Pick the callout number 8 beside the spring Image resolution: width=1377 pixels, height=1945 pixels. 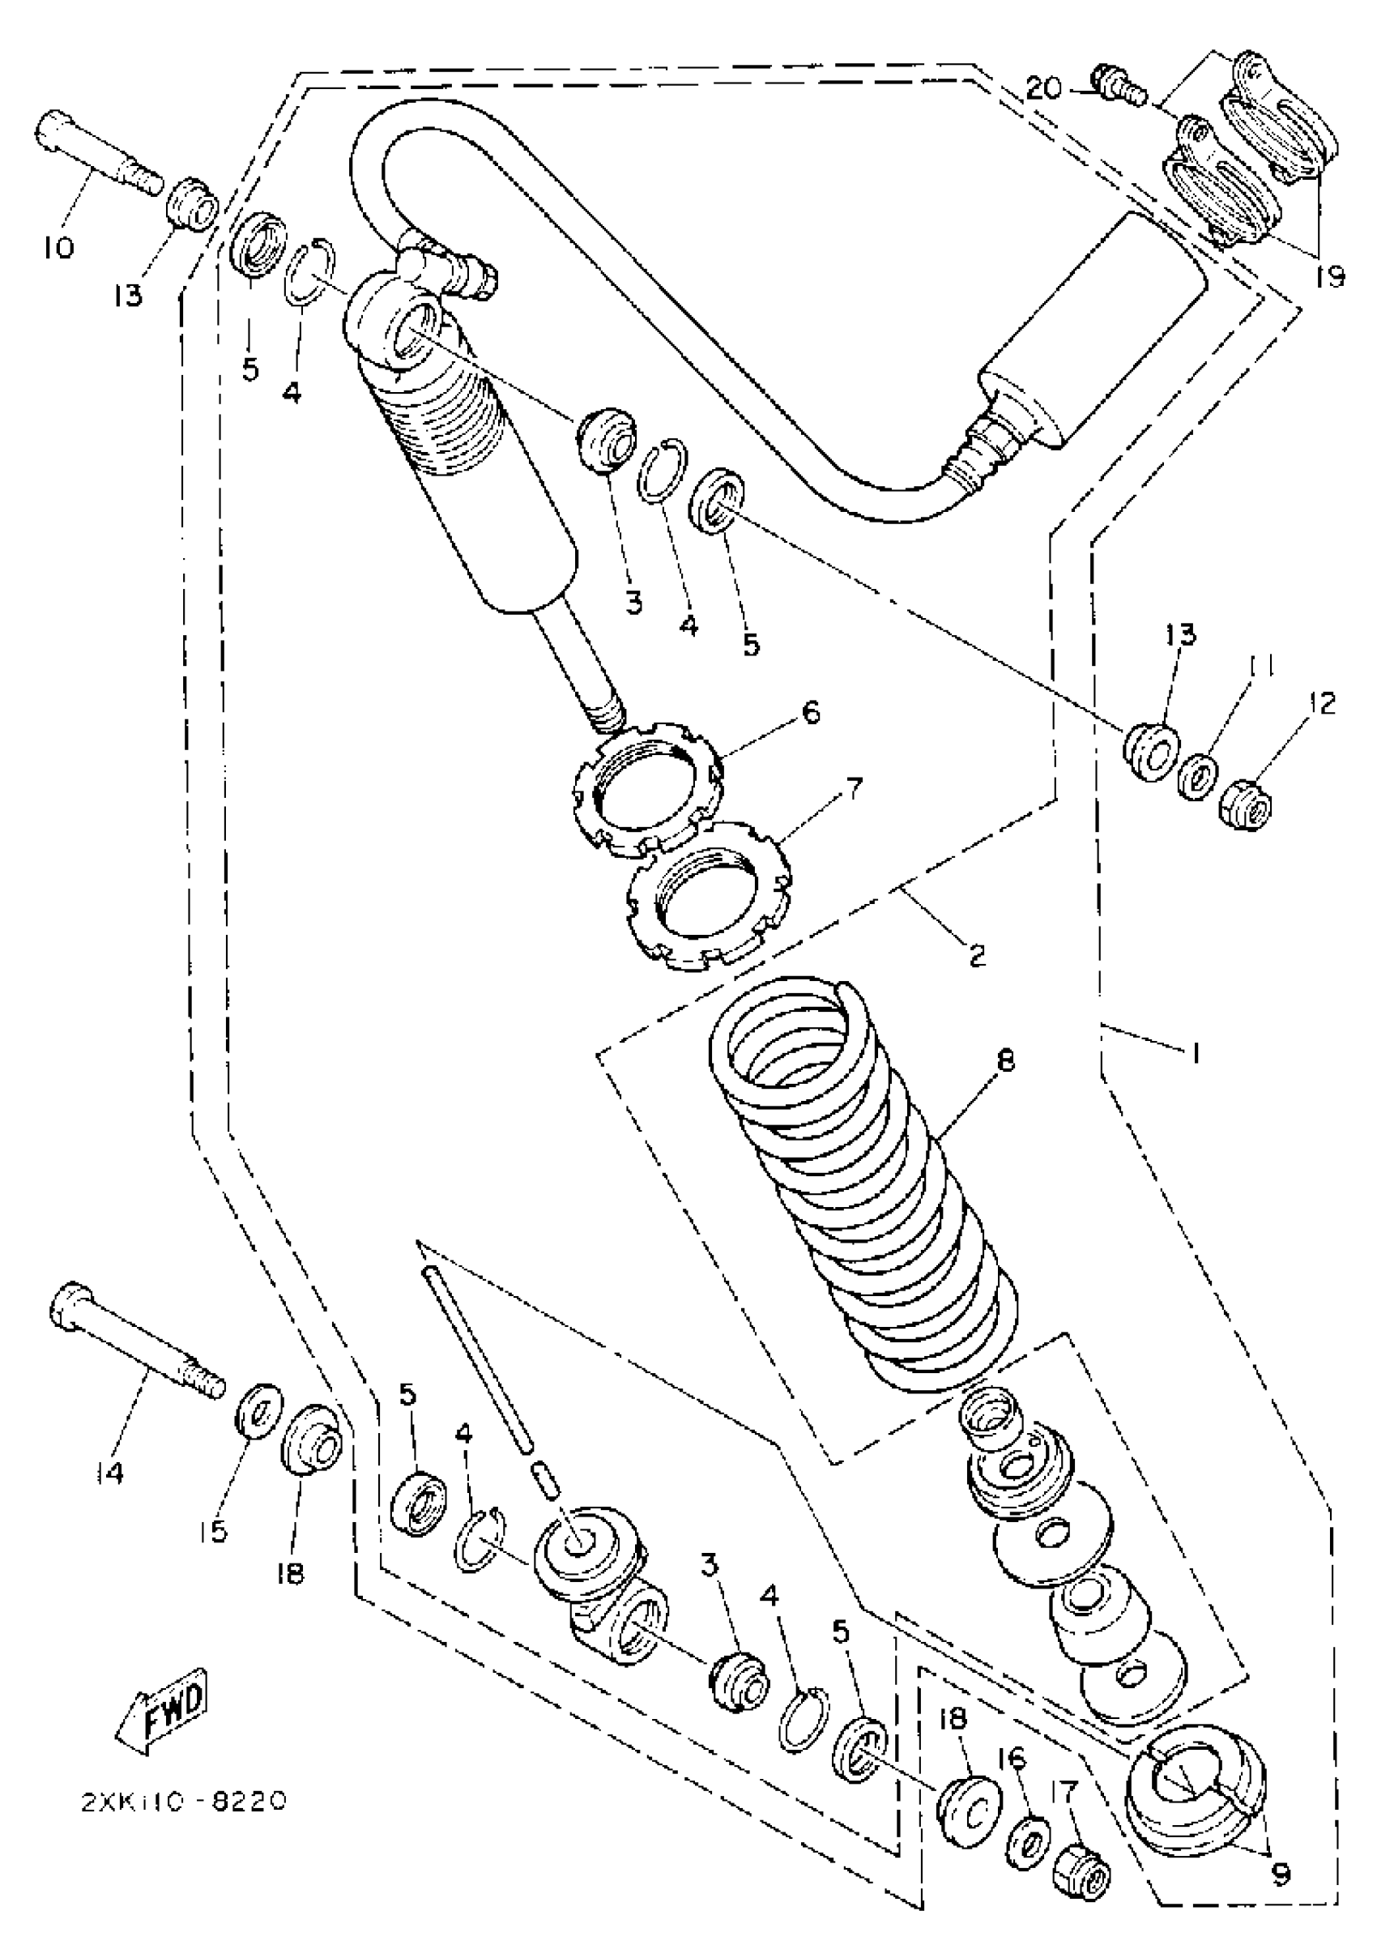1007,1060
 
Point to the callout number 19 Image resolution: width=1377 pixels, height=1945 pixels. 1330,275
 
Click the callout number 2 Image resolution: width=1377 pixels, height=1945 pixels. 977,956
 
